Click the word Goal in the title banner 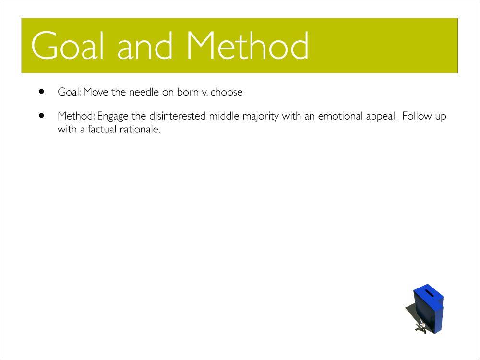(x=67, y=45)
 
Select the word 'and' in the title (x=145, y=45)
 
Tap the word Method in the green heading (x=247, y=45)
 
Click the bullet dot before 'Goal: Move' (x=42, y=91)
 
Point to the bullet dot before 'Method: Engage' (x=42, y=115)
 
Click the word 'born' (x=188, y=92)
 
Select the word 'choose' (x=227, y=92)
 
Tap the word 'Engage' (x=113, y=117)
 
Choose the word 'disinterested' (x=177, y=116)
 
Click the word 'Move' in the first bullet (x=96, y=92)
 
